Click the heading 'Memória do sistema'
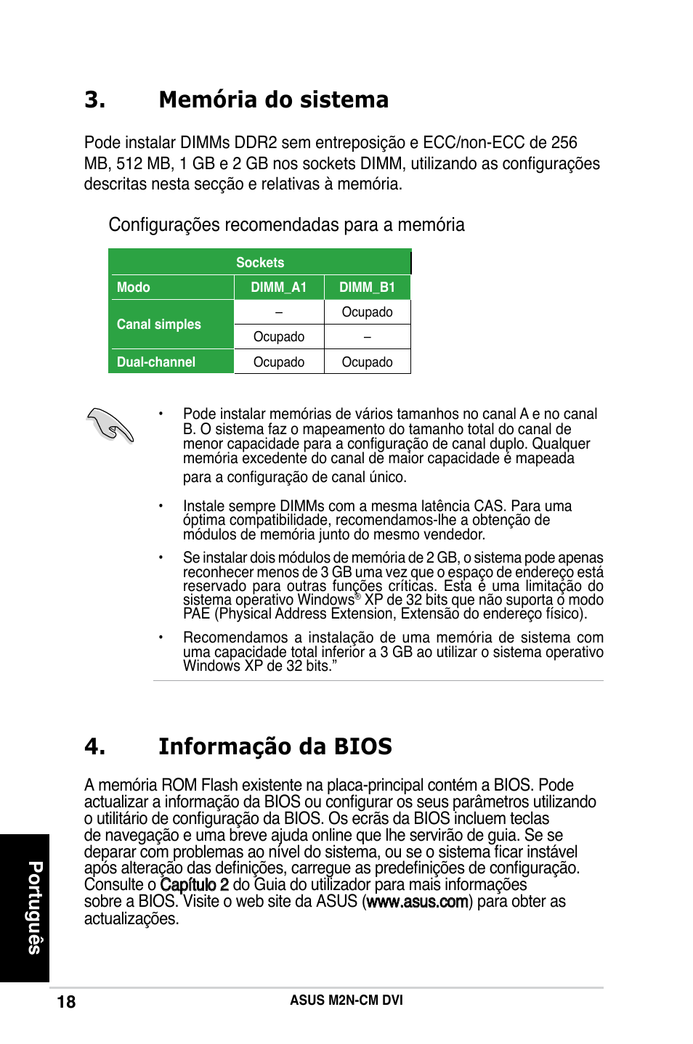(273, 99)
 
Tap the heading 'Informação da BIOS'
(275, 746)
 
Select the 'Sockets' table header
(260, 262)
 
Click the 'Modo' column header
(134, 287)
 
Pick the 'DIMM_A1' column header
(279, 287)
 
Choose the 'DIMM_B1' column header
(367, 287)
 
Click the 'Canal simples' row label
(159, 325)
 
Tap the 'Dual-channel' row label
(156, 362)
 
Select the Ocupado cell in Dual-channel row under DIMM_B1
(367, 362)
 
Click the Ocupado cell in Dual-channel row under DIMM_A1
(279, 362)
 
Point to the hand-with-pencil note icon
(110, 425)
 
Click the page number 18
(66, 1002)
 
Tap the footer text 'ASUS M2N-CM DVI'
(346, 1000)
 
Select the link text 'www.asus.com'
(417, 902)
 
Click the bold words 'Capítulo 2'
(194, 884)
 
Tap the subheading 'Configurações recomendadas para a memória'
(286, 224)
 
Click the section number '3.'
(95, 99)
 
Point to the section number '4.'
(95, 746)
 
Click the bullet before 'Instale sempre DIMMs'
(161, 505)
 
